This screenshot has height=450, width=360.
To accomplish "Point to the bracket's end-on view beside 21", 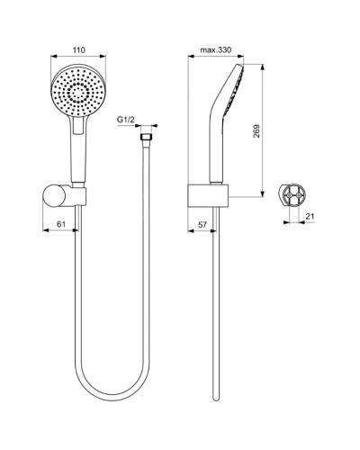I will [x=292, y=194].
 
